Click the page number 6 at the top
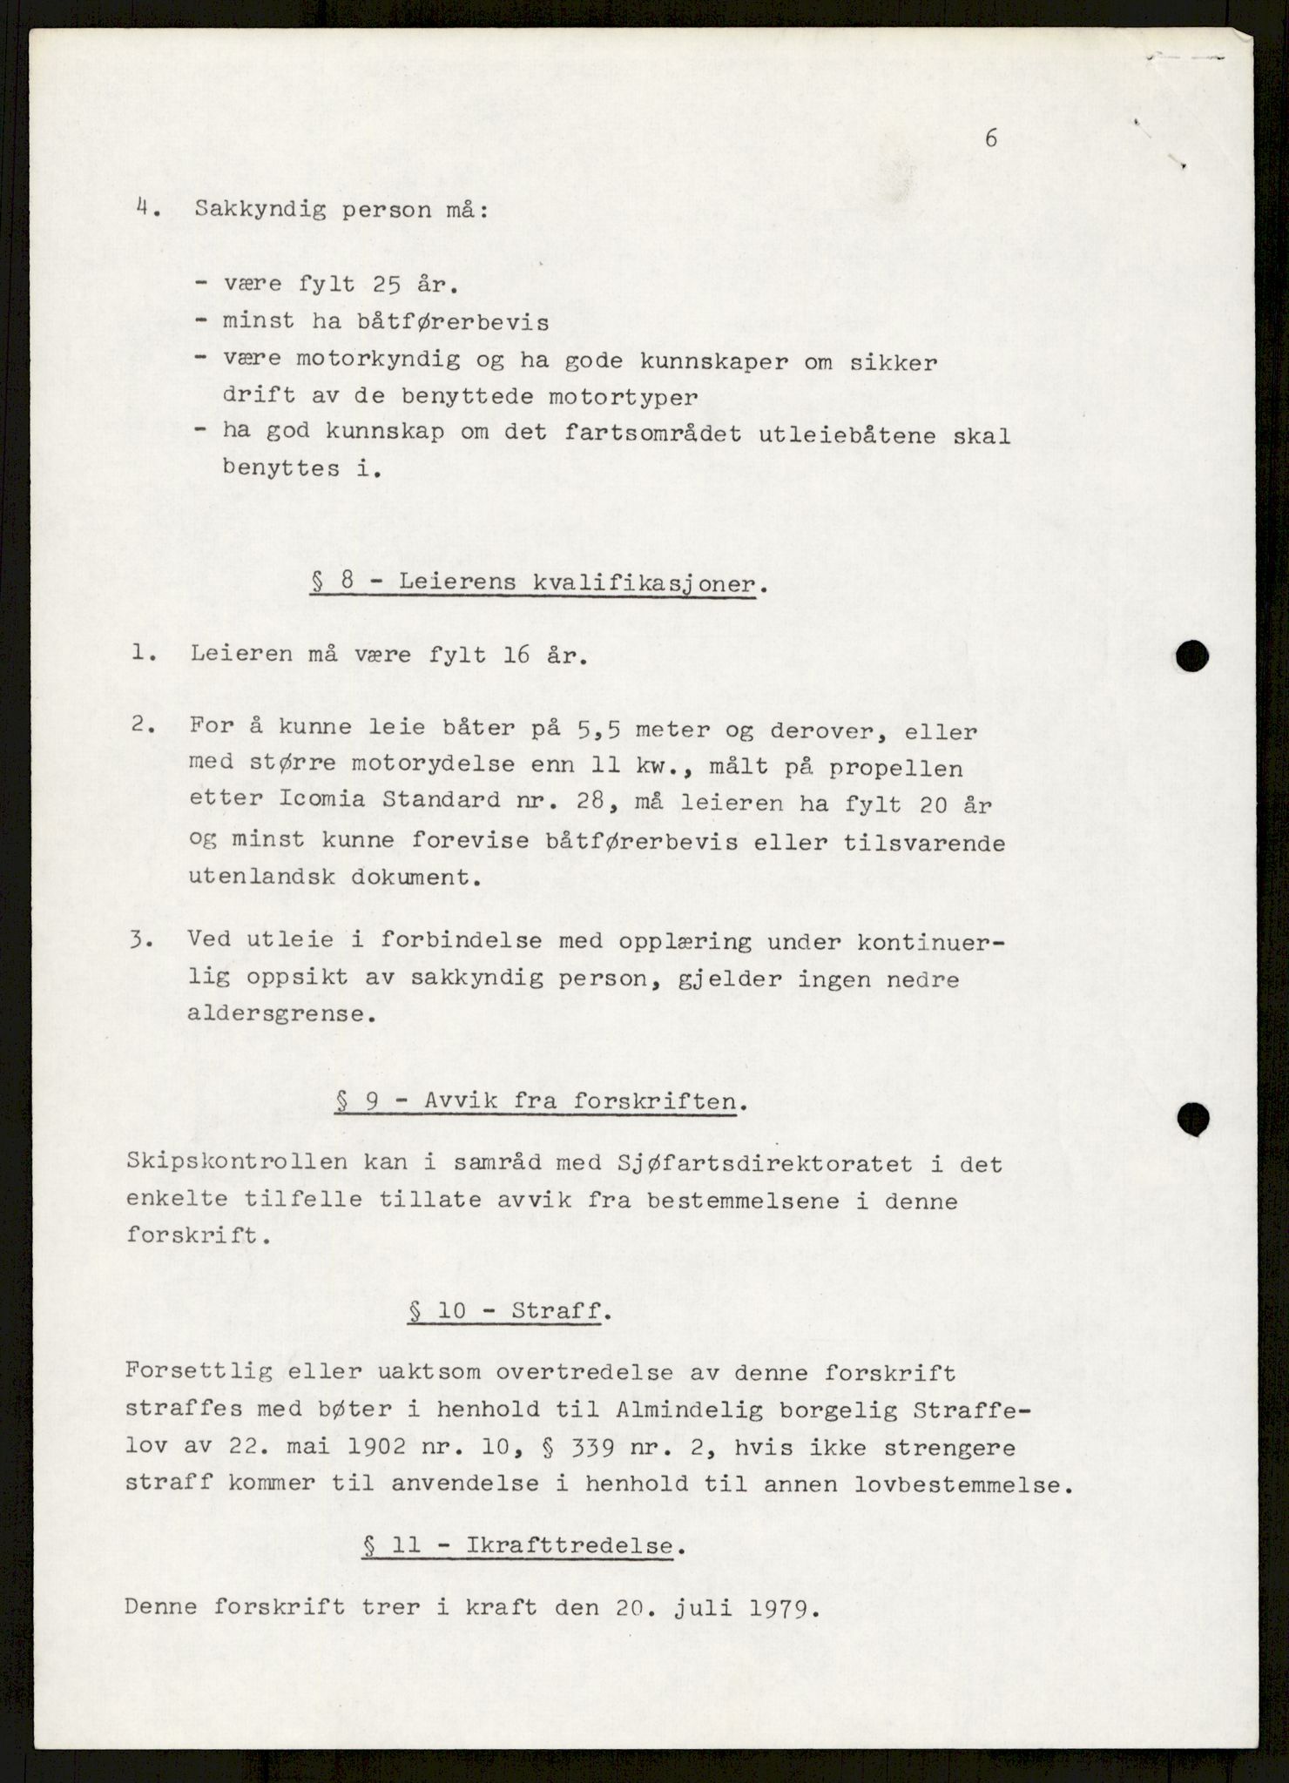click(990, 138)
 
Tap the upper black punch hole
click(1191, 656)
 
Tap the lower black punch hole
click(1191, 1117)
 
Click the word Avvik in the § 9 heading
click(462, 1101)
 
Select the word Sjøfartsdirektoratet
click(730, 1164)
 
